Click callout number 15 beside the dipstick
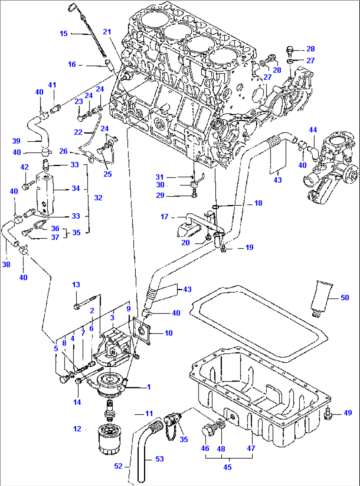[63, 33]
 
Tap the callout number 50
[344, 298]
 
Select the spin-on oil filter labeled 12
[110, 439]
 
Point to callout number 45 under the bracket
[227, 467]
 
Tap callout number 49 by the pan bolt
[347, 413]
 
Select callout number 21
[107, 32]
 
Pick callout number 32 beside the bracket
[98, 198]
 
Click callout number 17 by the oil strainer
[164, 217]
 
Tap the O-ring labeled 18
[215, 207]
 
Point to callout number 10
[168, 333]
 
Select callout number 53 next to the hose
[159, 459]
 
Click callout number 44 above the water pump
[313, 130]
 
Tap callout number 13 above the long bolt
[76, 285]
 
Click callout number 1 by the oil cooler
[149, 387]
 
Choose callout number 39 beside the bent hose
[16, 141]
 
